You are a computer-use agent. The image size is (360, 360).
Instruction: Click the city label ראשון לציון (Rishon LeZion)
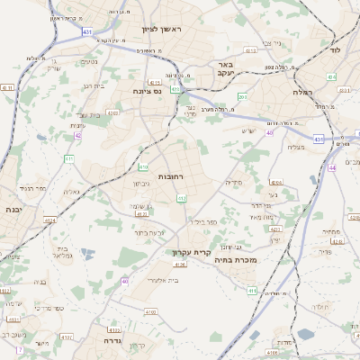click(161, 30)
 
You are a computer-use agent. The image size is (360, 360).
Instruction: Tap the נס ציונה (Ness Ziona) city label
click(147, 91)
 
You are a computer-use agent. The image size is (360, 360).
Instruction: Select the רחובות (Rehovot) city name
click(170, 177)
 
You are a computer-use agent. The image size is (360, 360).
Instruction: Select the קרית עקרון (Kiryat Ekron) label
click(192, 253)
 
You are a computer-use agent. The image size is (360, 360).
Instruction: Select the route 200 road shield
click(242, 95)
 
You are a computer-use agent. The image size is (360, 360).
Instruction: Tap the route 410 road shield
click(144, 166)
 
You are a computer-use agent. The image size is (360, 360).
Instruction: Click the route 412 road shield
click(182, 198)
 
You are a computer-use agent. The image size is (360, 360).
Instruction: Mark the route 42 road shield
click(78, 135)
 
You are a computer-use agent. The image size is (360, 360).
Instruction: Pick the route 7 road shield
click(19, 349)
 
